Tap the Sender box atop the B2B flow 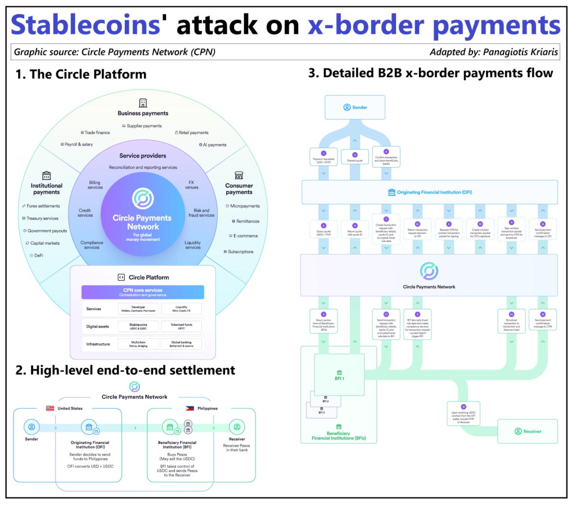pos(354,107)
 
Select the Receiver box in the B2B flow pos(528,431)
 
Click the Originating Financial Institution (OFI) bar pos(430,192)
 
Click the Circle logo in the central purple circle pos(143,199)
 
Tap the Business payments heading pos(143,113)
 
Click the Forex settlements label pos(43,206)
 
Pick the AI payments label pos(213,145)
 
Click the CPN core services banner pos(143,292)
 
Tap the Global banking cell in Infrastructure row pos(181,343)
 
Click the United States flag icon pos(50,408)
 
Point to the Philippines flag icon pos(190,408)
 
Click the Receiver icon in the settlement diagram pos(237,427)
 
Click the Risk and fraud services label pos(201,213)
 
